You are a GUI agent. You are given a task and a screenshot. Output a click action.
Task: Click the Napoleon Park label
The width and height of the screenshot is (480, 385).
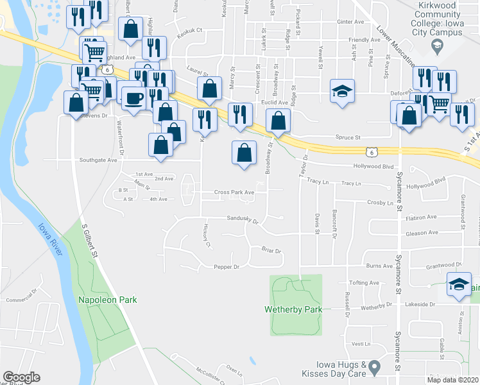pos(107,300)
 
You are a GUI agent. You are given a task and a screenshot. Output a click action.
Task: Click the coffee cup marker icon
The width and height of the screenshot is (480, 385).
pos(133,98)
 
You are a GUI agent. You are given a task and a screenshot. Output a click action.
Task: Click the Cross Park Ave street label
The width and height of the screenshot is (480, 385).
pos(234,192)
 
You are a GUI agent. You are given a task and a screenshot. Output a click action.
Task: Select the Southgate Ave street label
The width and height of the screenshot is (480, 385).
pos(98,160)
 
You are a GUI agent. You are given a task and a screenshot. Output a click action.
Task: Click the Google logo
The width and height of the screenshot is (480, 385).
pos(21,377)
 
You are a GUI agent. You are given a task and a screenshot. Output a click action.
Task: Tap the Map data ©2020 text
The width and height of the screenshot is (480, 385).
pos(453,380)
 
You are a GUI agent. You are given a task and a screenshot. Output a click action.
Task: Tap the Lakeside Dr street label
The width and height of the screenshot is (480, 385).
pos(423,305)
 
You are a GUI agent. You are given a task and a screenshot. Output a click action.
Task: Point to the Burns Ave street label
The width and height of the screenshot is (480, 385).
pos(379,266)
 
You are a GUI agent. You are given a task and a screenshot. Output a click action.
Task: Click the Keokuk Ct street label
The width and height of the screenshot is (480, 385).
pos(190,30)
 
